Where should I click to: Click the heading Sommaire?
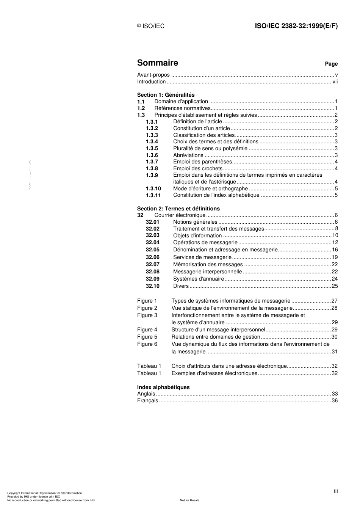click(157, 63)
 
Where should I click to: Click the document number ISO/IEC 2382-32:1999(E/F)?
click(296, 26)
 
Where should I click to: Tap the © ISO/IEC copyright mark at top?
click(151, 26)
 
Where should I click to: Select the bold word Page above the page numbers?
click(331, 64)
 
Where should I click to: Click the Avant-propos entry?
click(153, 75)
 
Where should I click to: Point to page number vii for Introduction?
click(335, 82)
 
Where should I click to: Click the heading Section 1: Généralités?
click(166, 95)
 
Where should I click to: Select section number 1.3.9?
click(152, 176)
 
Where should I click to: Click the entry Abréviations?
click(188, 155)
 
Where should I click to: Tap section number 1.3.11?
click(153, 196)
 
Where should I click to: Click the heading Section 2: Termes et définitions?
click(178, 209)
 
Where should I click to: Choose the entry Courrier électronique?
click(180, 215)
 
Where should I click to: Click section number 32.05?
click(152, 250)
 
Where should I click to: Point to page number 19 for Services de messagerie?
click(335, 257)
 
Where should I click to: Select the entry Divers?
click(181, 286)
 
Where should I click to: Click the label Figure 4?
click(147, 330)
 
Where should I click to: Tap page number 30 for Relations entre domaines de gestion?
click(335, 337)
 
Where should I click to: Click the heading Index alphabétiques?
click(163, 387)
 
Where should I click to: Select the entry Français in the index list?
click(147, 401)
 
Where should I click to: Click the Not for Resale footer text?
click(189, 500)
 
